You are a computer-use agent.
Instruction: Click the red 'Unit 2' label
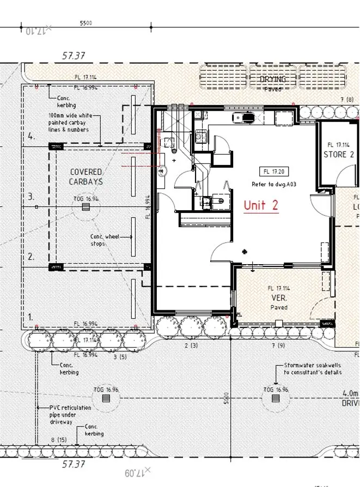(x=261, y=205)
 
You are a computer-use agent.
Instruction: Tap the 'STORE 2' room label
(x=339, y=154)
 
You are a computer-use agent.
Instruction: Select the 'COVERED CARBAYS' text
(x=86, y=177)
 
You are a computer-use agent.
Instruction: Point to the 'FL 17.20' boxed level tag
(x=272, y=171)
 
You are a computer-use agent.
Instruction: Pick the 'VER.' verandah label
(x=279, y=298)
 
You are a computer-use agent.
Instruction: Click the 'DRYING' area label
(x=272, y=80)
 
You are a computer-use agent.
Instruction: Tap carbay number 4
(x=32, y=137)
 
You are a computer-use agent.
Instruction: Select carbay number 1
(x=31, y=315)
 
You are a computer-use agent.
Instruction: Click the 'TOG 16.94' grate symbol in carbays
(x=86, y=208)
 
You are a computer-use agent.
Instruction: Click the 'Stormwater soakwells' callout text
(x=313, y=369)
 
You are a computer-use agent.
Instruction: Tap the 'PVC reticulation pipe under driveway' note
(x=70, y=415)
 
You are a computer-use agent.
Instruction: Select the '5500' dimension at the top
(x=86, y=23)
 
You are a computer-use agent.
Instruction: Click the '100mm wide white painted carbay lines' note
(x=68, y=123)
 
